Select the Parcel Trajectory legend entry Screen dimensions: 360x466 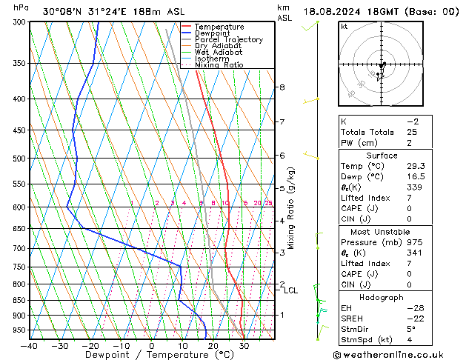click(229, 40)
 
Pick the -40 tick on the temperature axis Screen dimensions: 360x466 click(30, 345)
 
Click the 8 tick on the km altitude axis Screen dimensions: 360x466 click(282, 87)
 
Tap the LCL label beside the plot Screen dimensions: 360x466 click(290, 290)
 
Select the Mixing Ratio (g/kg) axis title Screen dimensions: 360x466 click(292, 208)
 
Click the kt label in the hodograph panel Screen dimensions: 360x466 click(344, 27)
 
